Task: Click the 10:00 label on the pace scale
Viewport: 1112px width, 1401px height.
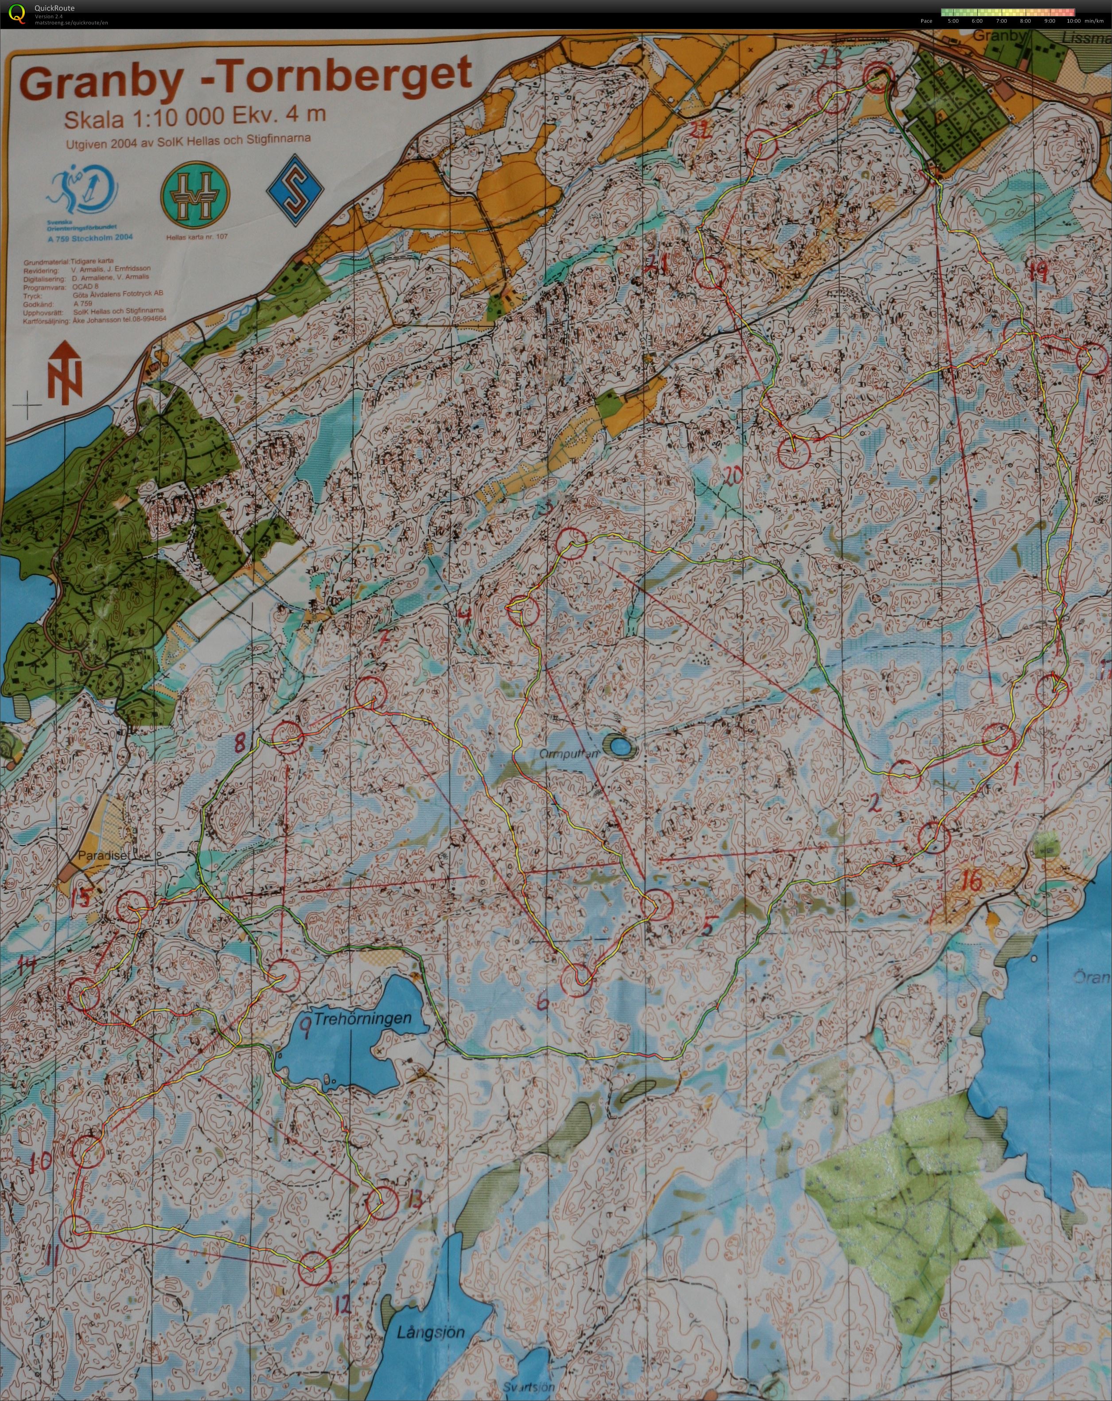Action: click(x=1075, y=21)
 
